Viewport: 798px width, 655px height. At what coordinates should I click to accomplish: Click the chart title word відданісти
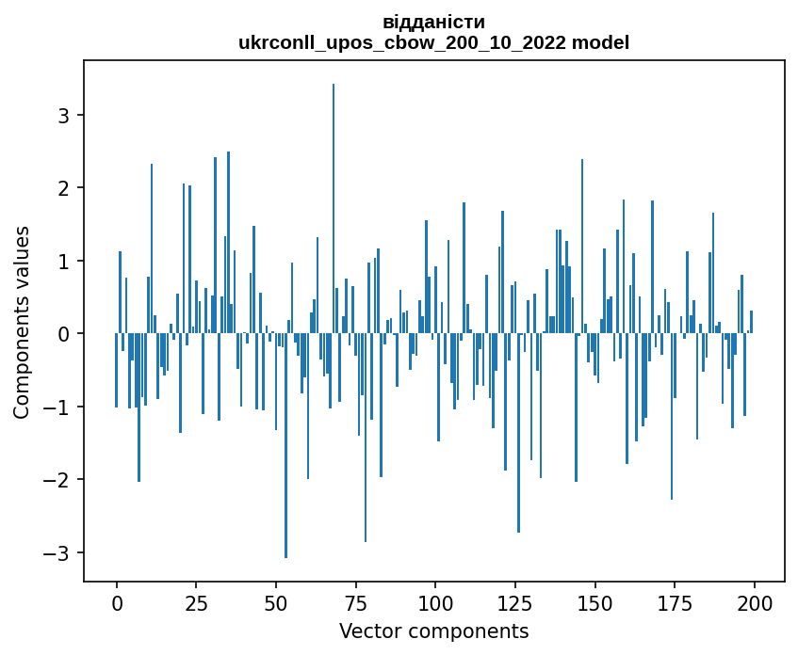(434, 22)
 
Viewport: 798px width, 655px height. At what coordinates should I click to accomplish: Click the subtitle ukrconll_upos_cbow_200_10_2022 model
(434, 42)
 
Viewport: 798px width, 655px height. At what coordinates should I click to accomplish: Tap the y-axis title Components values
(22, 321)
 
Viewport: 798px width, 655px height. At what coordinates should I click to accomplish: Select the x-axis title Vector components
(433, 631)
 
